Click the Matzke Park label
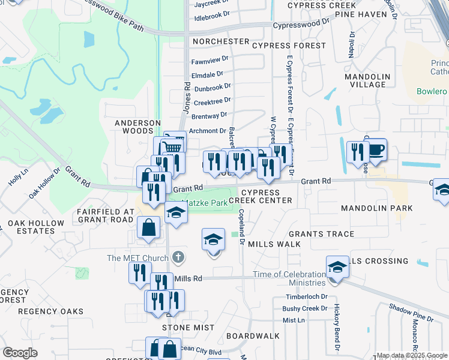point(205,203)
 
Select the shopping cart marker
point(172,146)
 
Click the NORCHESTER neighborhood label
point(220,41)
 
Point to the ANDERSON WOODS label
point(138,127)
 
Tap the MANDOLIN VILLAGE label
point(367,80)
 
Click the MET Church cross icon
point(177,258)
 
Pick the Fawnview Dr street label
point(209,60)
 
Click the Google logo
point(20,353)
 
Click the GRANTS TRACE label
point(321,234)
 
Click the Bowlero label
point(432,92)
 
